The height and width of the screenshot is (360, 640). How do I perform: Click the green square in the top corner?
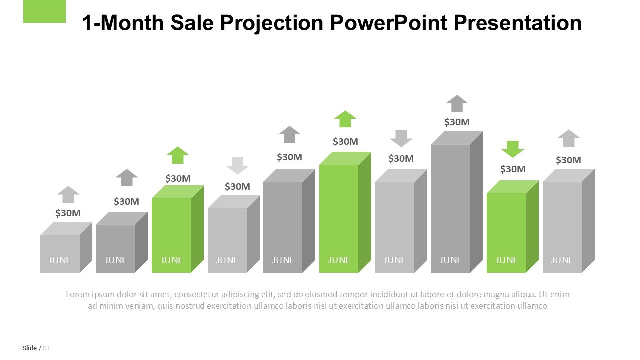[x=44, y=11]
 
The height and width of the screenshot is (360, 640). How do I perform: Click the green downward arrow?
[x=512, y=149]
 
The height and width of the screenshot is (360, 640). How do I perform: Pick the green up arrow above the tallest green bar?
[x=345, y=119]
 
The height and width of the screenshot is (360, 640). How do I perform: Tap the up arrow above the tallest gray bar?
[x=457, y=103]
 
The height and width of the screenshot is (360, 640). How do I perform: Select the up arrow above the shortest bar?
[x=68, y=194]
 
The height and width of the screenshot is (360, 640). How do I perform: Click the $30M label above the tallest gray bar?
[x=457, y=122]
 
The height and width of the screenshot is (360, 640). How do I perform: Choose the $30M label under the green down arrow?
[x=513, y=169]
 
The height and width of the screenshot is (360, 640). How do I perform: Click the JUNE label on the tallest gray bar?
[x=450, y=260]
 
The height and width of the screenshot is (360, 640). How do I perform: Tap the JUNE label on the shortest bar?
[x=60, y=260]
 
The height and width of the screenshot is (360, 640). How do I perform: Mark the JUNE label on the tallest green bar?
[x=339, y=260]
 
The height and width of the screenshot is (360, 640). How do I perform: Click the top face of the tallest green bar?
[x=345, y=158]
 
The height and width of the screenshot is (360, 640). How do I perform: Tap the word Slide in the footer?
[x=29, y=348]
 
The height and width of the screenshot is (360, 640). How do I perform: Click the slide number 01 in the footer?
[x=46, y=348]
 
